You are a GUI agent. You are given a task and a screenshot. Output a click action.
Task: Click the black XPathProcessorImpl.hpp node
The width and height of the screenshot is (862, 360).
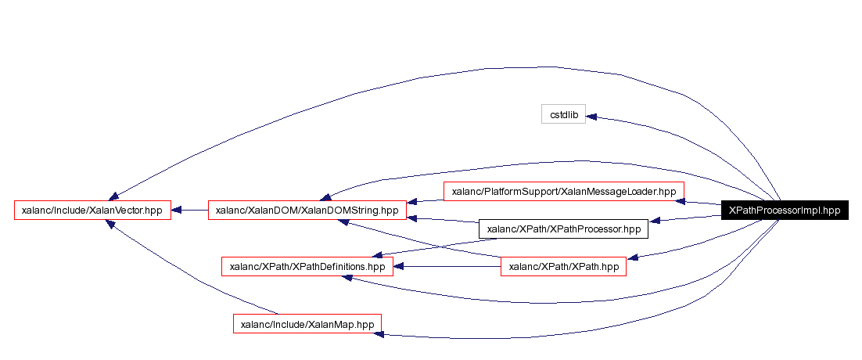pyautogui.click(x=785, y=210)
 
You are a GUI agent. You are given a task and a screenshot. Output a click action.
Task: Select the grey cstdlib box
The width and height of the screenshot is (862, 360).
pyautogui.click(x=563, y=114)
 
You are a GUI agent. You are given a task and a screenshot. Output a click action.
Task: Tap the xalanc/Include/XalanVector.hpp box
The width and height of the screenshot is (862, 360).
pyautogui.click(x=92, y=210)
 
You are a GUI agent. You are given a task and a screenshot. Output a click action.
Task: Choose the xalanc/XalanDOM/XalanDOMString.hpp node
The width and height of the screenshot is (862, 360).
pyautogui.click(x=307, y=210)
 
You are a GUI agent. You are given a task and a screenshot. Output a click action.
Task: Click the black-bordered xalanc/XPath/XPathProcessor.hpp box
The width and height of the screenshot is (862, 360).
pyautogui.click(x=563, y=229)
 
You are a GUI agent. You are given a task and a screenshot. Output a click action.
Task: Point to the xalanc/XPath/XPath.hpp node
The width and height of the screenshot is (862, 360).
pyautogui.click(x=563, y=267)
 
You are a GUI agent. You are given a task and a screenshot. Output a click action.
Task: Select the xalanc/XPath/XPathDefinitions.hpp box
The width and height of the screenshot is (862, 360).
pyautogui.click(x=307, y=267)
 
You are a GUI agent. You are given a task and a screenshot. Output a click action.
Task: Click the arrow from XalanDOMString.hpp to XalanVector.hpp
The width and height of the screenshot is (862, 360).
pyautogui.click(x=189, y=210)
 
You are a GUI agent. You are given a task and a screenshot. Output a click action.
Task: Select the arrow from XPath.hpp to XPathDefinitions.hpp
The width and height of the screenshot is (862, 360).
pyautogui.click(x=446, y=267)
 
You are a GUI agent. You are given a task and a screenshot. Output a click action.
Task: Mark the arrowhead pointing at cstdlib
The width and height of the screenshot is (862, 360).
pyautogui.click(x=591, y=117)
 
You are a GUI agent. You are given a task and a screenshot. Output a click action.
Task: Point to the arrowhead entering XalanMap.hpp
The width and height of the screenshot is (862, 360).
pyautogui.click(x=379, y=334)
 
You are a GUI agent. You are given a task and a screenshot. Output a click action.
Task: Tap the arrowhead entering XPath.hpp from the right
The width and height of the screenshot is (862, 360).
pyautogui.click(x=632, y=257)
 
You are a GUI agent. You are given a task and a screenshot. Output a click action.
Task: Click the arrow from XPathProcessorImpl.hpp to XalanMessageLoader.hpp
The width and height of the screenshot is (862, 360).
pyautogui.click(x=702, y=203)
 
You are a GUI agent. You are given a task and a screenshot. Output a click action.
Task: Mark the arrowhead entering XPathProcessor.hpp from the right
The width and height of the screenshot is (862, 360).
pyautogui.click(x=655, y=221)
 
